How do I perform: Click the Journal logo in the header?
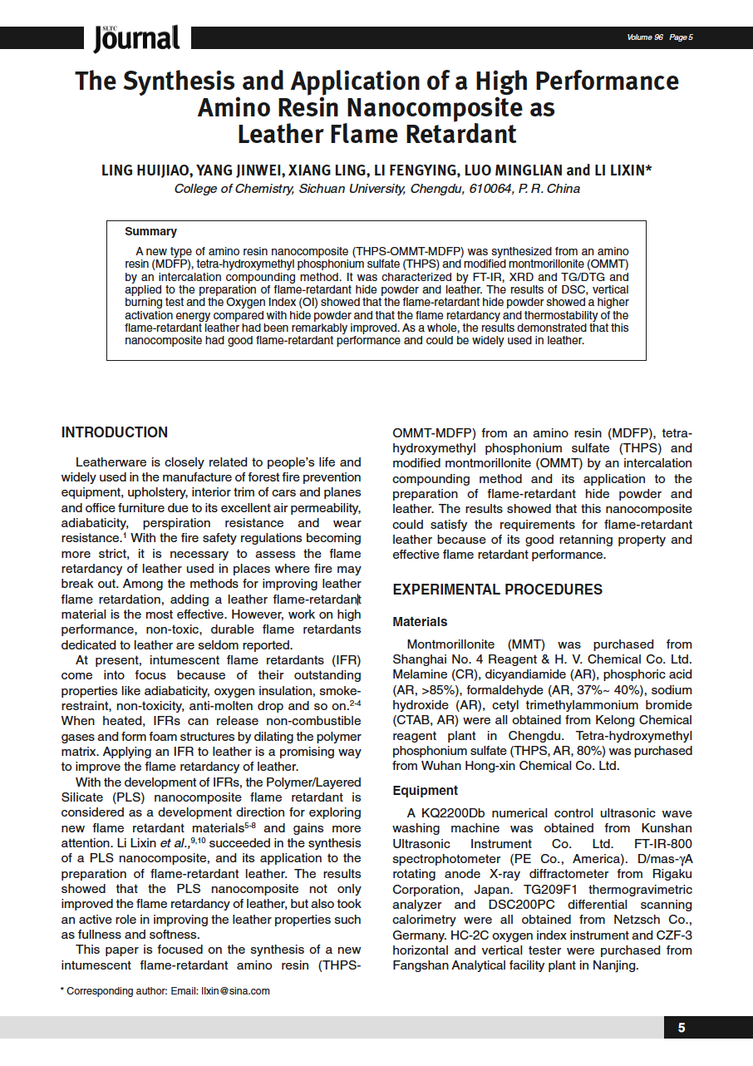[136, 37]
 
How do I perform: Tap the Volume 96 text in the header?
[646, 37]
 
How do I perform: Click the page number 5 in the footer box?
[682, 1028]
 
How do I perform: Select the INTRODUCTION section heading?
[115, 432]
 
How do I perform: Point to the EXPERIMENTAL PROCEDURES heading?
[497, 590]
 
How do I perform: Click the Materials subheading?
[420, 622]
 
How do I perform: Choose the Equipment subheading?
[425, 791]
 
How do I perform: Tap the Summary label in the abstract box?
[150, 231]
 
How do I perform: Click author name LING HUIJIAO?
[144, 170]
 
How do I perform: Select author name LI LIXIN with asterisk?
[623, 170]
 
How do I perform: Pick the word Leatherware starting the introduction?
[114, 462]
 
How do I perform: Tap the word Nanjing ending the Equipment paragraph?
[614, 965]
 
